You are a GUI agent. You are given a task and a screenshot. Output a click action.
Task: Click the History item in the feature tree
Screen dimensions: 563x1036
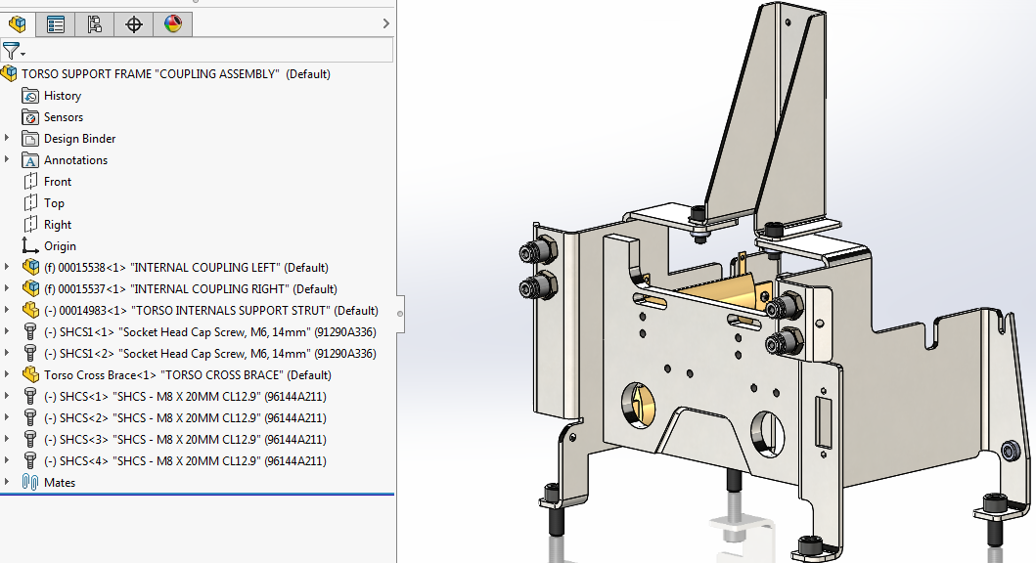click(x=62, y=96)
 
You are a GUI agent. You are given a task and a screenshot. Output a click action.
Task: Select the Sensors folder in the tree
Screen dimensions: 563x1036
click(x=63, y=117)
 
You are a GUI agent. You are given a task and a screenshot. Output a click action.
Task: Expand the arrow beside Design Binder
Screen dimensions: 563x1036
click(x=8, y=139)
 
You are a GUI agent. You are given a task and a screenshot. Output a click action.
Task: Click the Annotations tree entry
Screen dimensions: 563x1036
click(x=75, y=160)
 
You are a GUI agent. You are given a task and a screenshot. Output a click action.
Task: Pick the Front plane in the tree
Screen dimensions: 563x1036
click(x=57, y=182)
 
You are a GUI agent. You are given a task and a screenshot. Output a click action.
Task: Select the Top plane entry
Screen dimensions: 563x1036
click(x=54, y=203)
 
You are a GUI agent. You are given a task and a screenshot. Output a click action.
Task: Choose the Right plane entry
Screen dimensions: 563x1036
click(x=57, y=225)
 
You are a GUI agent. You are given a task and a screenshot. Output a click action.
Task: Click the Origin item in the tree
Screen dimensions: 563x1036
click(x=59, y=246)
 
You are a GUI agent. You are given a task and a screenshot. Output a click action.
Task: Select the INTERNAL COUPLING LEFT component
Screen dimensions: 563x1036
click(x=186, y=268)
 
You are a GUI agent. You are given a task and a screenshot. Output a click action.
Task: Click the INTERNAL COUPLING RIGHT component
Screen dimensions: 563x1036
click(x=190, y=289)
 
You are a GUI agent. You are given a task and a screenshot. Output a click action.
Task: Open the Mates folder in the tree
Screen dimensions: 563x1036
click(x=59, y=483)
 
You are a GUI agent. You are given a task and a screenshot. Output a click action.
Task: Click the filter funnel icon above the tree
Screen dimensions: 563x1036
click(x=11, y=51)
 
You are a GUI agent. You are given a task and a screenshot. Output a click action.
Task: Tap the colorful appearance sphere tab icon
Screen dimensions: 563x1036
click(x=173, y=24)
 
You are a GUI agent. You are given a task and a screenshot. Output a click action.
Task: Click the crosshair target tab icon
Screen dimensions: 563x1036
click(x=134, y=24)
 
